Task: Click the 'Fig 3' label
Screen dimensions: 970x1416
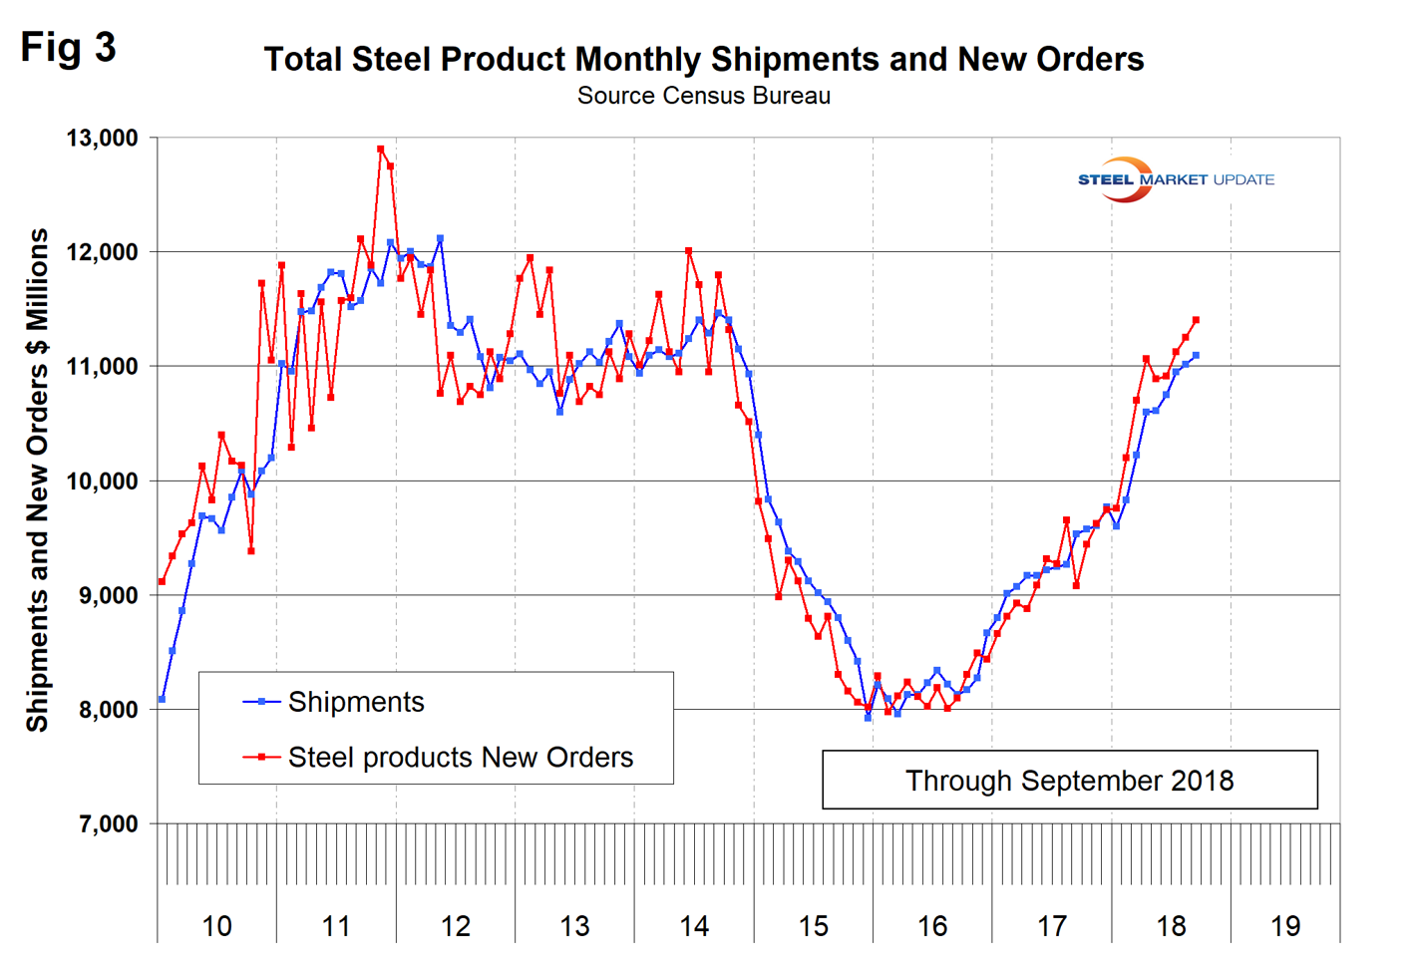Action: [x=68, y=47]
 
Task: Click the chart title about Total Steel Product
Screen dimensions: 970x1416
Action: [x=703, y=59]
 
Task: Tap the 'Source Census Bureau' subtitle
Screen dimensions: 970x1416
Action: [x=703, y=96]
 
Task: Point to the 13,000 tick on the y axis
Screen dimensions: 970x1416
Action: [x=102, y=139]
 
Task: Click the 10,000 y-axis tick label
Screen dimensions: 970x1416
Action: [x=102, y=482]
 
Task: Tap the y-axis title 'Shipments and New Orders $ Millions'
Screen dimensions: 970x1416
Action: [x=38, y=480]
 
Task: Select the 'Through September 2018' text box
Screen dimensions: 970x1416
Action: [x=1069, y=780]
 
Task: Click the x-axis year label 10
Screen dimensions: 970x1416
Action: [x=216, y=926]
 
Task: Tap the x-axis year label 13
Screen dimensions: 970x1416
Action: [x=574, y=926]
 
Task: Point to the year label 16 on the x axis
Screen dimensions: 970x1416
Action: [x=932, y=926]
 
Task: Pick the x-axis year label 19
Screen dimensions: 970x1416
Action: [x=1285, y=926]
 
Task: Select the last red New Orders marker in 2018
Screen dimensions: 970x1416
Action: [x=1196, y=320]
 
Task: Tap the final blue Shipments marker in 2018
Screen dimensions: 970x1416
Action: [x=1196, y=355]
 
